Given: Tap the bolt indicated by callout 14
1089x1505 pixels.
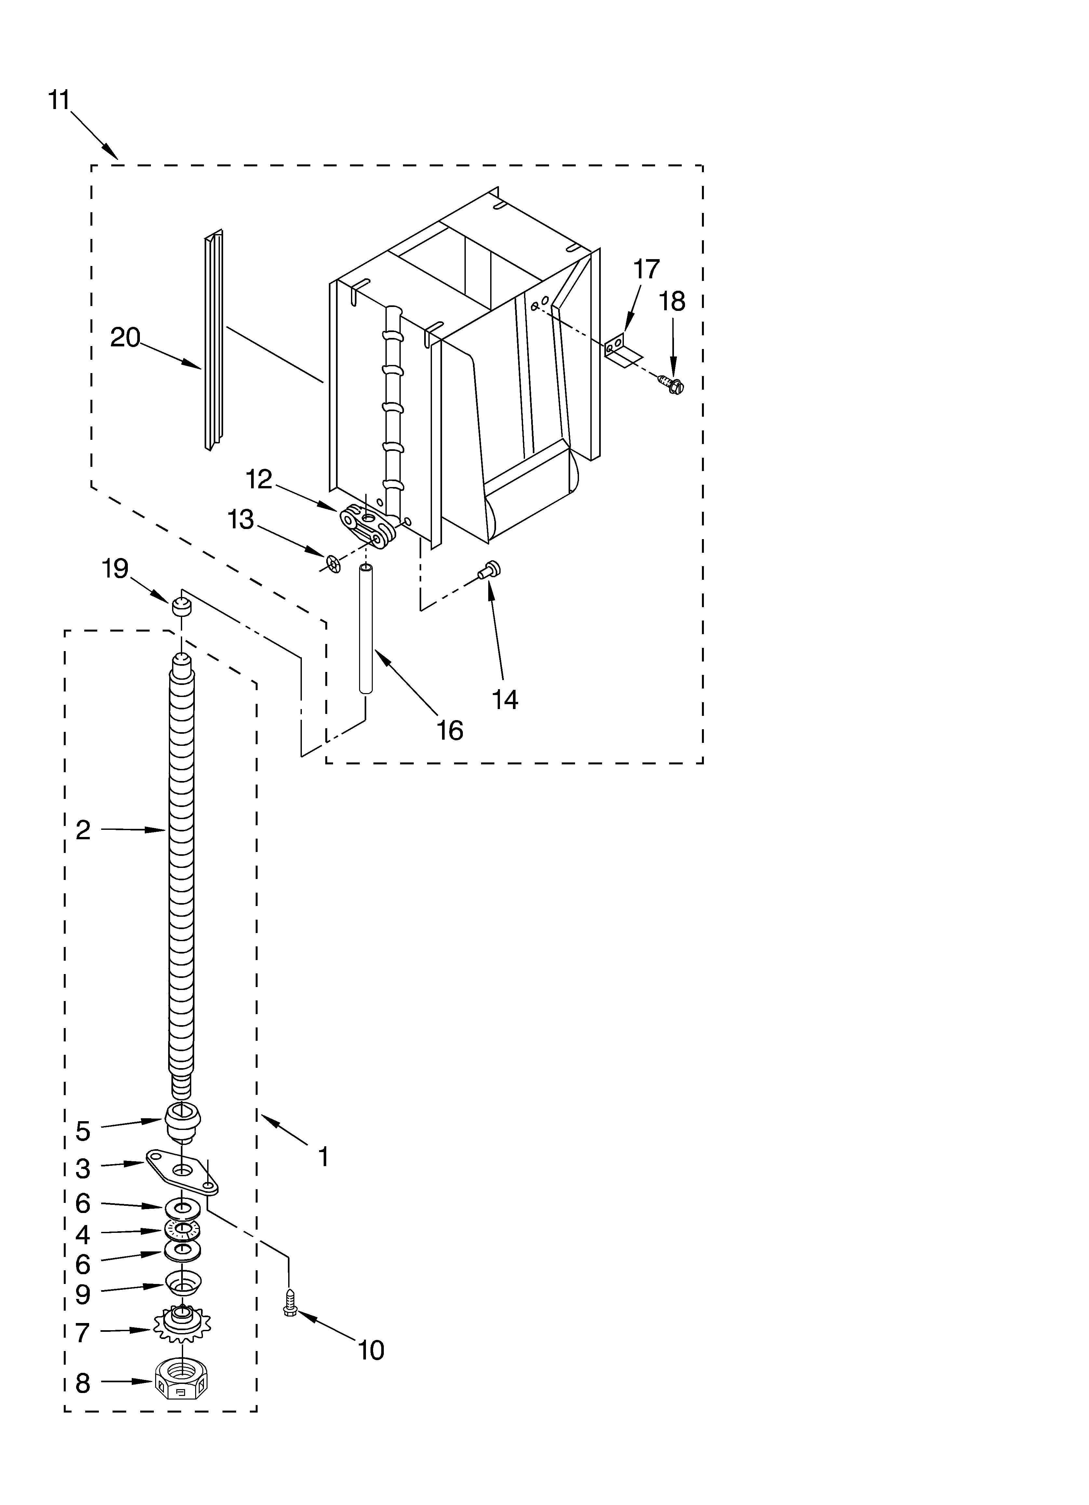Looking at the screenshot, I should (x=491, y=569).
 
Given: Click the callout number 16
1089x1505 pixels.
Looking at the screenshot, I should (x=450, y=731).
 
